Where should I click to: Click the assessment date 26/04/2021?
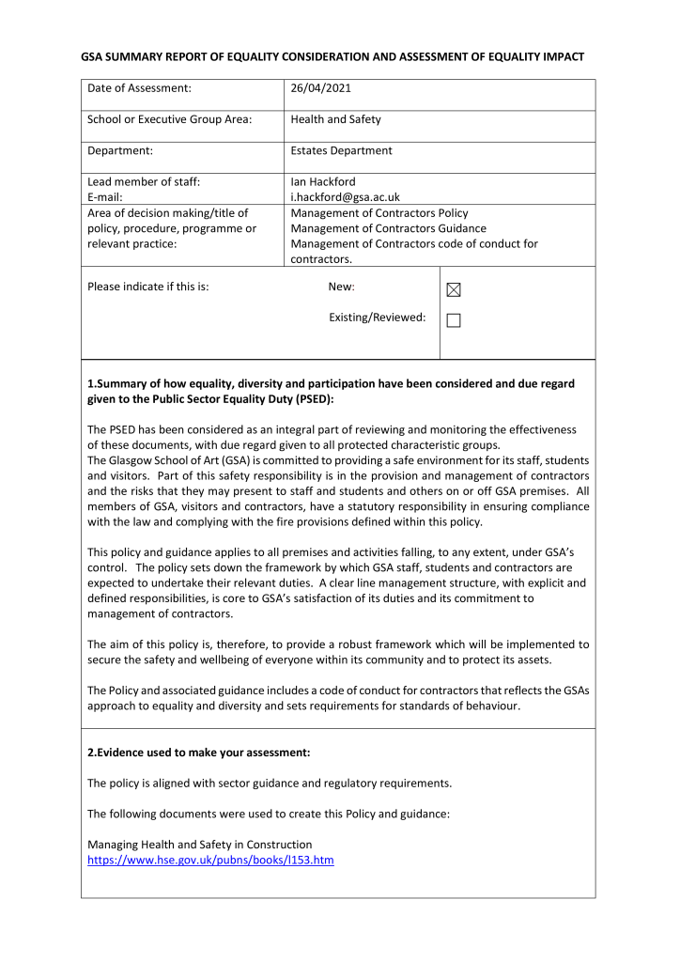321,88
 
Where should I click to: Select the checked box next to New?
454,290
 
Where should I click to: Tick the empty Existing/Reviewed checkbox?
454,320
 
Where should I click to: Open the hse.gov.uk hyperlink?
210,860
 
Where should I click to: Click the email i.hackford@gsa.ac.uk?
345,197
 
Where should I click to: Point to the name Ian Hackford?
323,181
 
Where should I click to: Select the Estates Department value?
341,150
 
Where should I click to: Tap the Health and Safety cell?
335,119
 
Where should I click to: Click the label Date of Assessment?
139,88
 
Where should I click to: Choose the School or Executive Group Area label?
169,119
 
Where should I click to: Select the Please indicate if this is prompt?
147,287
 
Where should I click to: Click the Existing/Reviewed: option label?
377,318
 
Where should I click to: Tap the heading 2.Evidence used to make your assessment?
198,753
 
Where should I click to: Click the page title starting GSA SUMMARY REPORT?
332,56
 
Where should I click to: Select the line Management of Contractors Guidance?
388,228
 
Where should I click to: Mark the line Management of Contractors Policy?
379,213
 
